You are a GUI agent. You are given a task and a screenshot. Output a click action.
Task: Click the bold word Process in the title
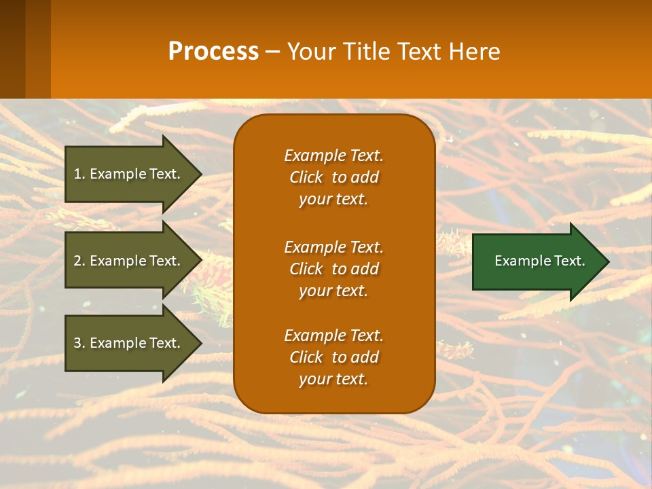pos(213,52)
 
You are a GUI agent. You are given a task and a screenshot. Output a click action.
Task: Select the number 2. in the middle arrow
pos(79,261)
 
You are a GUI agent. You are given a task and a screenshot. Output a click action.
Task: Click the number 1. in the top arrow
pos(79,174)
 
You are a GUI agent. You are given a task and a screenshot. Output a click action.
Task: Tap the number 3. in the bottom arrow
pos(79,343)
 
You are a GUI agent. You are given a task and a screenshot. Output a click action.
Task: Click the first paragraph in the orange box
pos(334,177)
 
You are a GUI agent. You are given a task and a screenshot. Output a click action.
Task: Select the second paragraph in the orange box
pos(334,269)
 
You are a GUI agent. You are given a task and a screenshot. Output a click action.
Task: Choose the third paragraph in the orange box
pos(334,357)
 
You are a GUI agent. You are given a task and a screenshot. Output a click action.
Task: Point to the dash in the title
pos(272,52)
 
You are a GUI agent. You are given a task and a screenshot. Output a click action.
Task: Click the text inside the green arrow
pos(539,261)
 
